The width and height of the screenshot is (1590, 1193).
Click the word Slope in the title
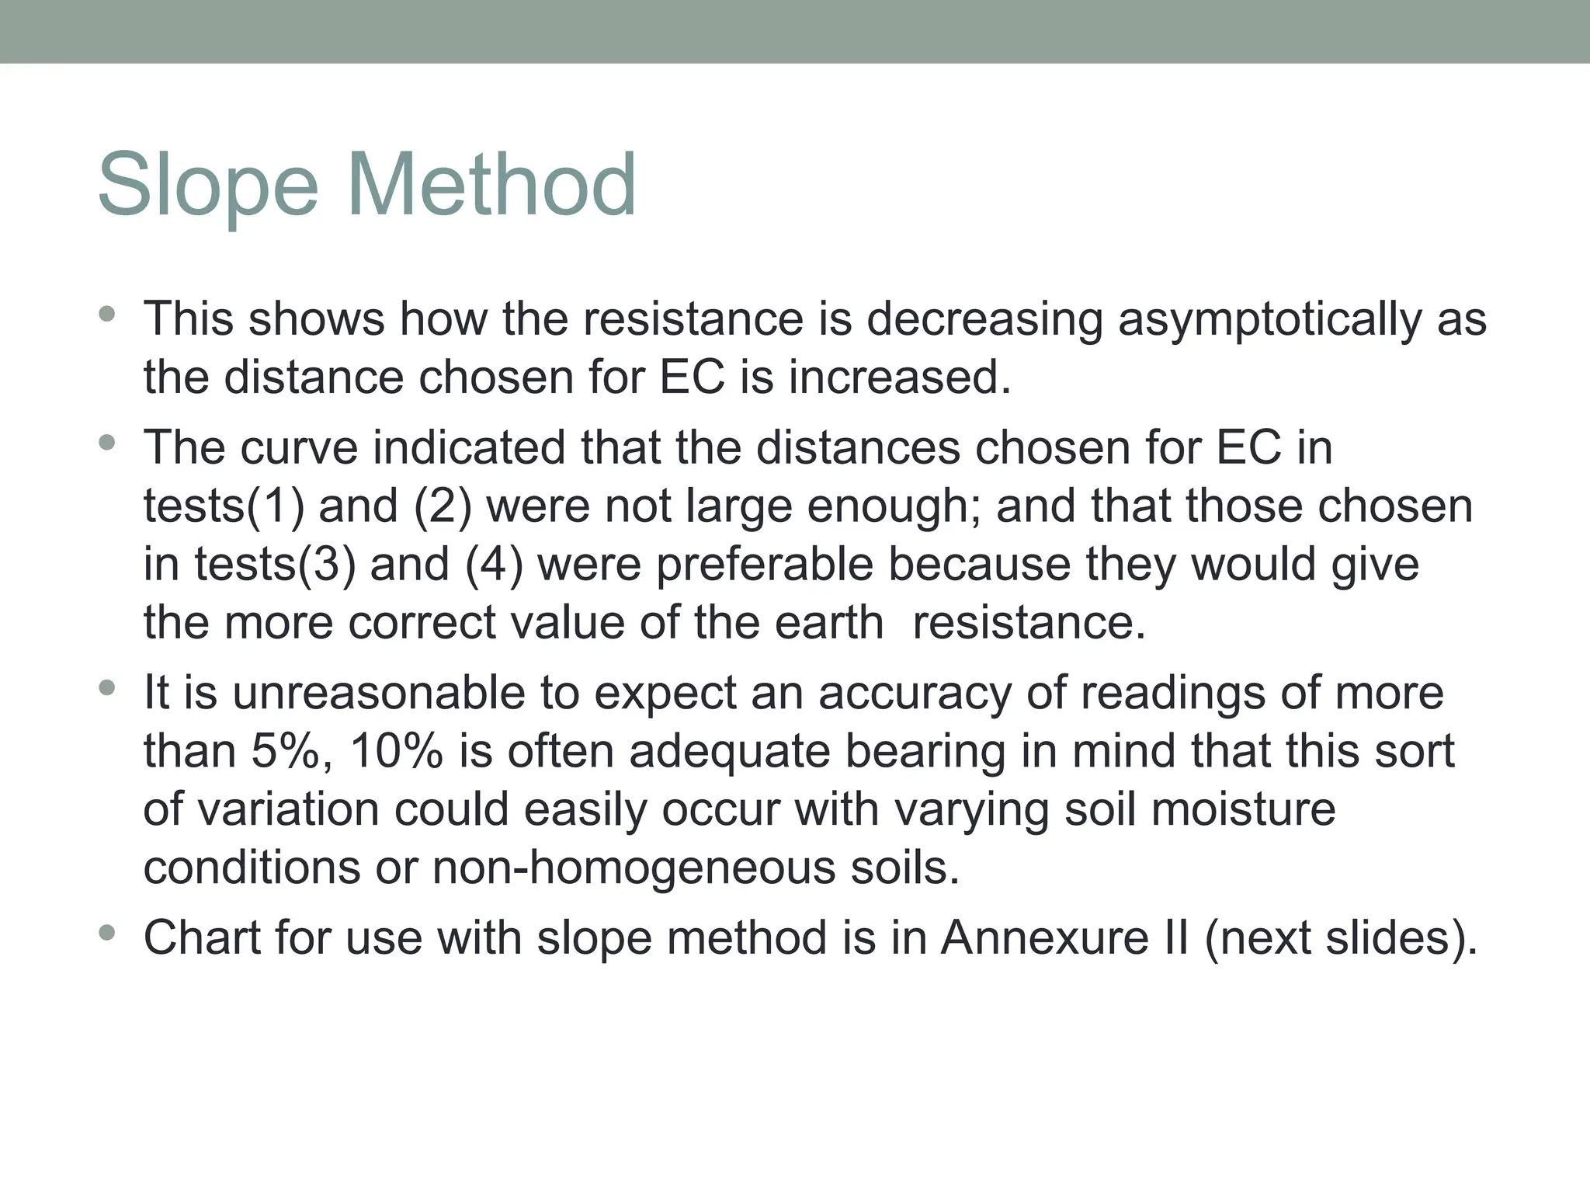207,186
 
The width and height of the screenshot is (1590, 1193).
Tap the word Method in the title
491,186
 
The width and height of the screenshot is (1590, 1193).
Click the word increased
900,377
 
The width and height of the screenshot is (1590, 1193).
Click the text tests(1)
224,506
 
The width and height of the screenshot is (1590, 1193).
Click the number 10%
396,751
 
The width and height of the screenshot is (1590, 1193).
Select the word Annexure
1044,937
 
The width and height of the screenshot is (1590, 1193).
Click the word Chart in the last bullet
201,937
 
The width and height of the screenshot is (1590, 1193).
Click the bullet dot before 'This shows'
107,315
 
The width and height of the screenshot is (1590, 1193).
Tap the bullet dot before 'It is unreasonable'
107,688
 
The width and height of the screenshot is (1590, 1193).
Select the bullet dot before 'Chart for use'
107,933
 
